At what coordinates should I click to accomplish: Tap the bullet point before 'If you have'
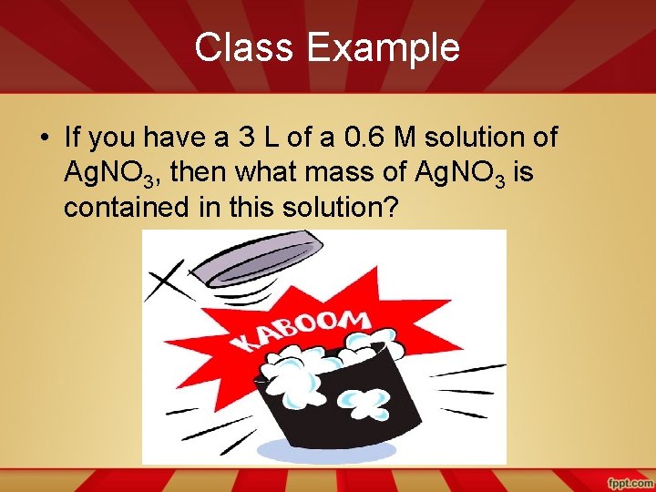click(44, 138)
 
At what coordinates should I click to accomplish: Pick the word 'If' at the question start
click(72, 138)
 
